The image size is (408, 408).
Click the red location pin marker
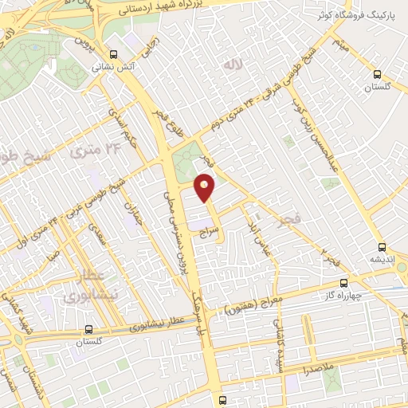pos(206,188)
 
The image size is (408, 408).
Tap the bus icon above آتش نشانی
pos(113,55)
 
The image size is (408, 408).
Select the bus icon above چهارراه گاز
pos(344,283)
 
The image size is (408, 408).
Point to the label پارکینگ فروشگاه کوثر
pos(354,14)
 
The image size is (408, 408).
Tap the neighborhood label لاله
pos(232,65)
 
